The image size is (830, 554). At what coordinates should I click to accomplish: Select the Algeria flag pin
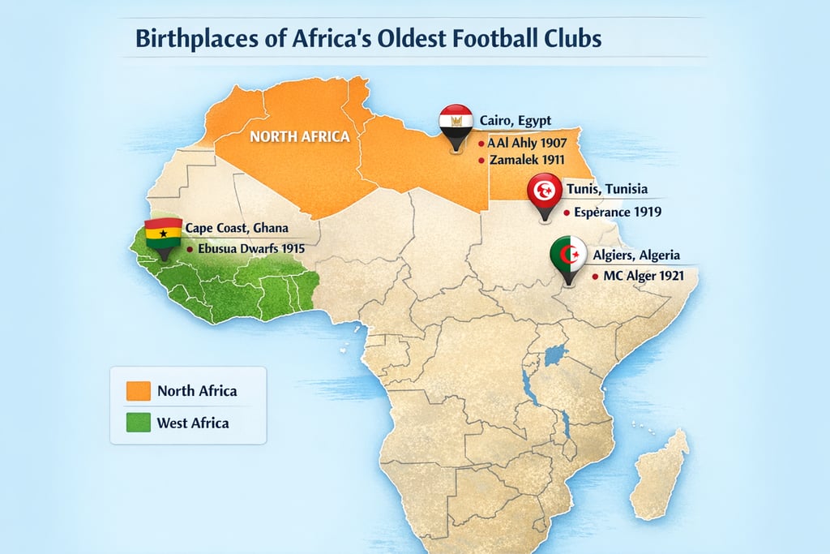click(x=568, y=257)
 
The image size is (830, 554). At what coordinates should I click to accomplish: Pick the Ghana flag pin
click(x=161, y=236)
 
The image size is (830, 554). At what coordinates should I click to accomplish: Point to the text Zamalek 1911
click(x=527, y=160)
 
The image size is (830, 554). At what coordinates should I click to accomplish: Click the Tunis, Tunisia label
click(x=606, y=189)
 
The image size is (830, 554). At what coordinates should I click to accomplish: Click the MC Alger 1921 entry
click(x=644, y=276)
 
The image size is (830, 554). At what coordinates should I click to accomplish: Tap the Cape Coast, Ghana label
click(x=237, y=228)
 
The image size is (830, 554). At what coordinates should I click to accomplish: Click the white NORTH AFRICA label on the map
click(x=299, y=136)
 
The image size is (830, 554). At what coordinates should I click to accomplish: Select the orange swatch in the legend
click(x=138, y=390)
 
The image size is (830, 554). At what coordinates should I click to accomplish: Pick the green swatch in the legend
click(x=138, y=423)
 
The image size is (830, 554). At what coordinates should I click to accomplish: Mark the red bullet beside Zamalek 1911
click(x=481, y=160)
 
